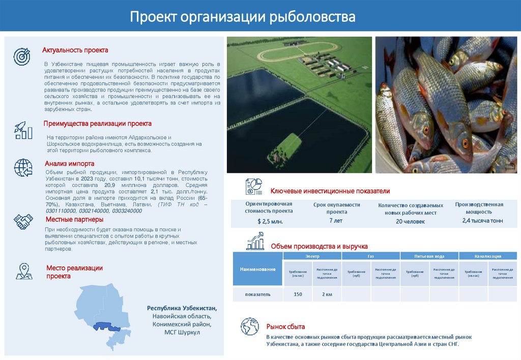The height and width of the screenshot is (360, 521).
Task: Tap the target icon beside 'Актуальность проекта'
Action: point(22,56)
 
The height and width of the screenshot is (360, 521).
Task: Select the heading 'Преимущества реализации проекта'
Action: point(97,124)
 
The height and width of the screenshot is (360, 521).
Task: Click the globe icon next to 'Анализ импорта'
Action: point(23,167)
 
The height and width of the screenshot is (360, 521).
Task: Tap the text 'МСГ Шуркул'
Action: point(182,332)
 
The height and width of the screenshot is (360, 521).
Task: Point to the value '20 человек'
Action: point(407,221)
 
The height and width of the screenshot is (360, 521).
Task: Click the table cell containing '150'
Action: point(298,294)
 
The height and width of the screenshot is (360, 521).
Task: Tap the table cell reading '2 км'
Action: point(327,294)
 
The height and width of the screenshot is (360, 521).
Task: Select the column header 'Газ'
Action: point(370,256)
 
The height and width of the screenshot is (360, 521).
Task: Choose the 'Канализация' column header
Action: point(488,256)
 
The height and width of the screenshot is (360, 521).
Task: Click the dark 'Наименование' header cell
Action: point(257,268)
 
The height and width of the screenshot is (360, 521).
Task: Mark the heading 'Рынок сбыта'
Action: point(285,326)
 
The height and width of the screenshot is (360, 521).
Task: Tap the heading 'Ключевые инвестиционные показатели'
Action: point(330,191)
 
